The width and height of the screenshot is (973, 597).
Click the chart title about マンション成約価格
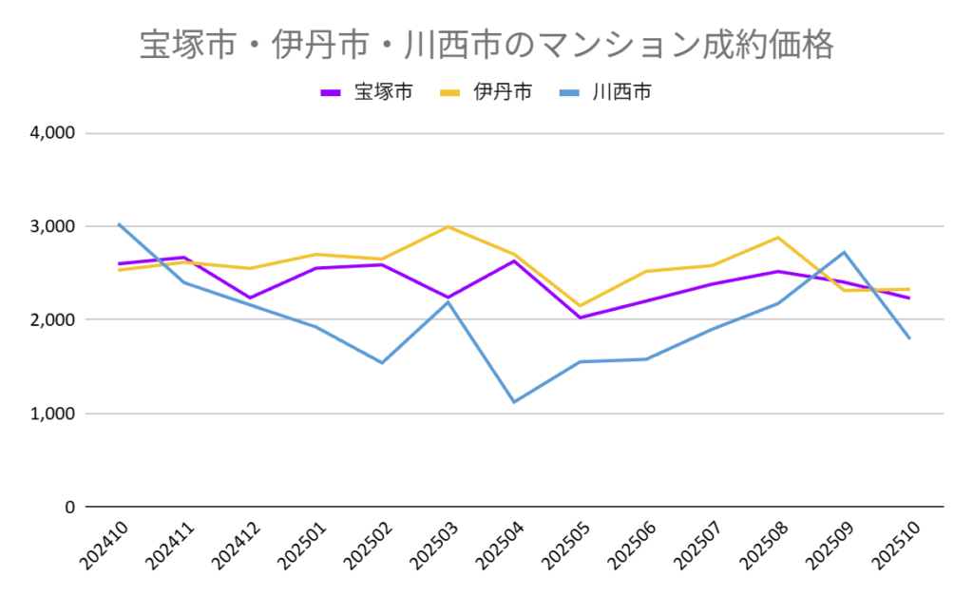tap(486, 44)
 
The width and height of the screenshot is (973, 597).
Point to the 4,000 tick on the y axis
tap(53, 133)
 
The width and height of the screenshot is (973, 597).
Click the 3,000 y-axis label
tap(53, 226)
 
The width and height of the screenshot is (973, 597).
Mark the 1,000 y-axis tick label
tap(53, 414)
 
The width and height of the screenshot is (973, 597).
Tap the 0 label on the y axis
tap(68, 507)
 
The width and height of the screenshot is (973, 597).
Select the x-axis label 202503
tap(431, 547)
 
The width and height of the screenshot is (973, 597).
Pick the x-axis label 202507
tap(696, 547)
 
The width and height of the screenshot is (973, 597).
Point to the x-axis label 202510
tap(893, 547)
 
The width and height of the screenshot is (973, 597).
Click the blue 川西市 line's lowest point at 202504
tap(514, 402)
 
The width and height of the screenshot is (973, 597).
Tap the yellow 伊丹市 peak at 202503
tap(448, 226)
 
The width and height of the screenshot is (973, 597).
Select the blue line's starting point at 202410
tap(119, 224)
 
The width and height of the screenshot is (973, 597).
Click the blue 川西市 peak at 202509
tap(844, 252)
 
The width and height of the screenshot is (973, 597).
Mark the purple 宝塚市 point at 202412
tap(251, 298)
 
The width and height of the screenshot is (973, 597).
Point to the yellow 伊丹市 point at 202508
tap(778, 238)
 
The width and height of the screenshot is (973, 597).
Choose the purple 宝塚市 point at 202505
tap(581, 318)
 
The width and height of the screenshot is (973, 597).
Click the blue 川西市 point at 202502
tap(382, 363)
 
